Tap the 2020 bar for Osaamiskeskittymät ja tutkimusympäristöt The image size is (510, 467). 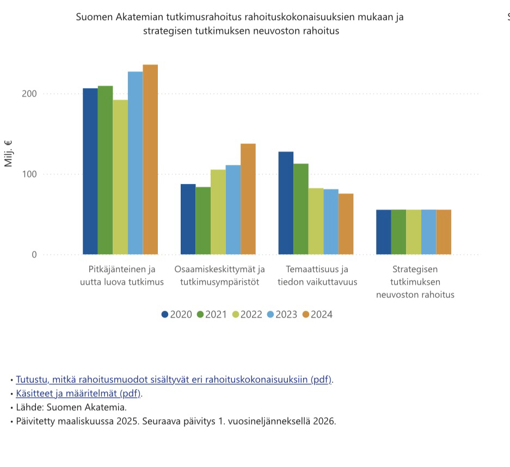[x=188, y=219]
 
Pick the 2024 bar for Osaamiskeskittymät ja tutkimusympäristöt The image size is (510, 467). [x=248, y=199]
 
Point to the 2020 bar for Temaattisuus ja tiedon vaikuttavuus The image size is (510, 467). [x=286, y=203]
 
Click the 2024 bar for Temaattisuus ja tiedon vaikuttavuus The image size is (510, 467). [x=346, y=224]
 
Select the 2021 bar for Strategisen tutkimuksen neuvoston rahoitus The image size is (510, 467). [x=398, y=232]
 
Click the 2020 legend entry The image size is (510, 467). [x=177, y=315]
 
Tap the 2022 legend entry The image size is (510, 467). [x=247, y=315]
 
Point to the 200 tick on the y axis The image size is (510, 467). [x=29, y=94]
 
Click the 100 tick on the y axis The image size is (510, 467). [x=29, y=174]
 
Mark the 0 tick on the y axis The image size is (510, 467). [x=34, y=255]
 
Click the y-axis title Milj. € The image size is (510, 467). [x=9, y=153]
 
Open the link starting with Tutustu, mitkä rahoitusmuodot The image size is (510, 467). [x=174, y=379]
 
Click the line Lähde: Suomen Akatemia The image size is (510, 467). [x=71, y=407]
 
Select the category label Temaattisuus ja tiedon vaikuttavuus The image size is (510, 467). [x=317, y=275]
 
